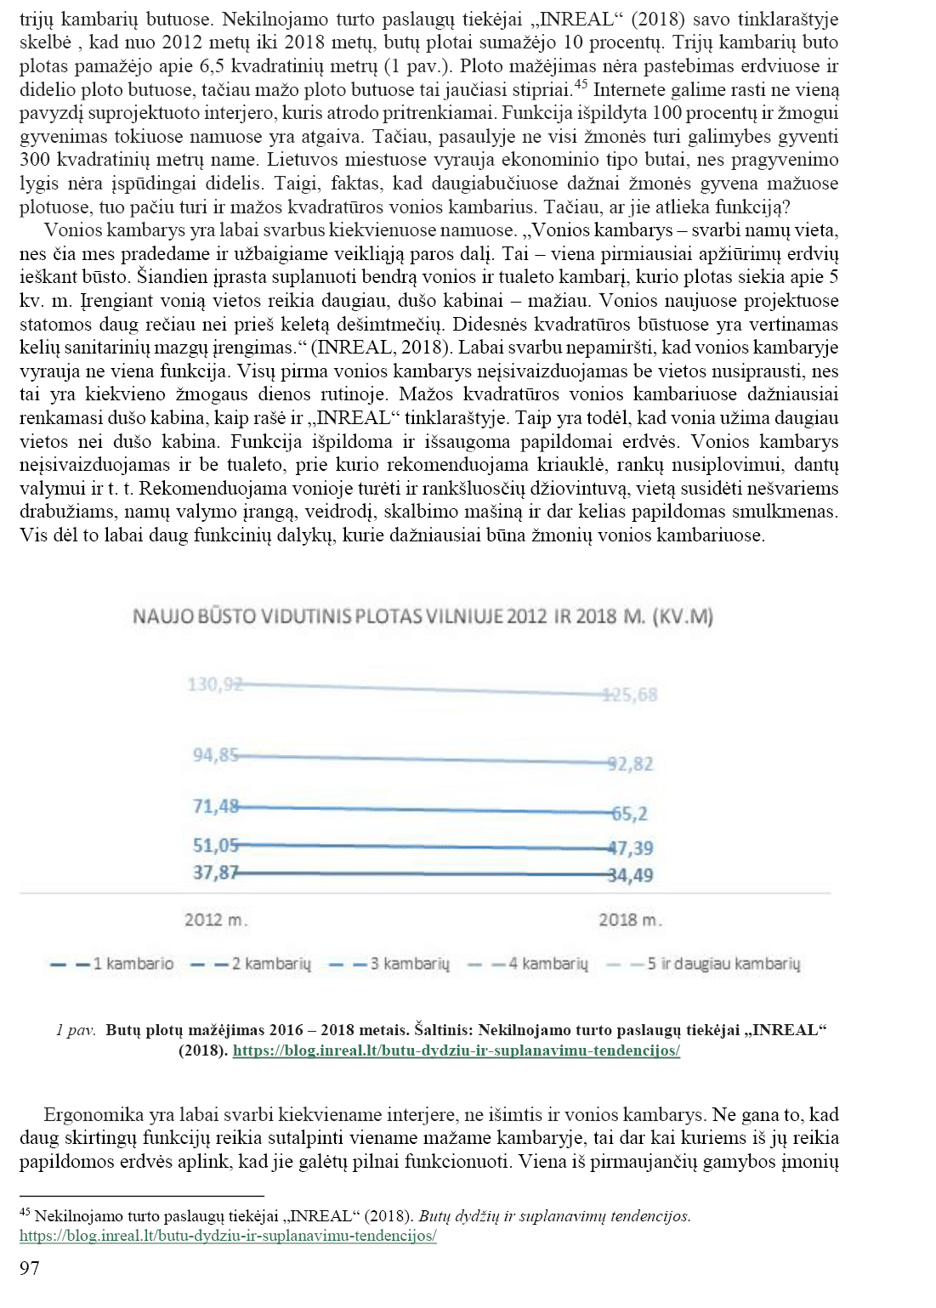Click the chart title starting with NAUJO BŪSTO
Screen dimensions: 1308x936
pyautogui.click(x=423, y=616)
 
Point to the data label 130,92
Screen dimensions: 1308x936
pyautogui.click(x=214, y=684)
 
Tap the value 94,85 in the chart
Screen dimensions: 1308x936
pyautogui.click(x=215, y=755)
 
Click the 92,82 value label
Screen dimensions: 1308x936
pyautogui.click(x=631, y=763)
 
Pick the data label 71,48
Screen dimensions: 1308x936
pyautogui.click(x=215, y=806)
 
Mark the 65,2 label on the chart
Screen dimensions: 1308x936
pyautogui.click(x=631, y=813)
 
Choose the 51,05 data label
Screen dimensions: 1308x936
pyautogui.click(x=215, y=845)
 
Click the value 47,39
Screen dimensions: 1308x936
pyautogui.click(x=631, y=847)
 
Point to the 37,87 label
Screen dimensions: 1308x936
pyautogui.click(x=215, y=872)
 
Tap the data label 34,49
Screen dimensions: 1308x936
pyautogui.click(x=631, y=875)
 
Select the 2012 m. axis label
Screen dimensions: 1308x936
pyautogui.click(x=216, y=920)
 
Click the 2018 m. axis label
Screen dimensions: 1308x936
pyautogui.click(x=630, y=920)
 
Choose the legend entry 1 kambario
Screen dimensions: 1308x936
pyautogui.click(x=133, y=964)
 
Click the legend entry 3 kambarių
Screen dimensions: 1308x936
pyautogui.click(x=409, y=964)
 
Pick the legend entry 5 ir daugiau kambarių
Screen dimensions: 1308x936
pyautogui.click(x=723, y=964)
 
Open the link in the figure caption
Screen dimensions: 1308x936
pyautogui.click(x=457, y=1050)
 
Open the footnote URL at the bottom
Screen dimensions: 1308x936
pyautogui.click(x=228, y=1236)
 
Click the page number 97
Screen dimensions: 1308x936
pyautogui.click(x=30, y=1268)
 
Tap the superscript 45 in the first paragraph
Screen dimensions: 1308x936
pyautogui.click(x=581, y=83)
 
